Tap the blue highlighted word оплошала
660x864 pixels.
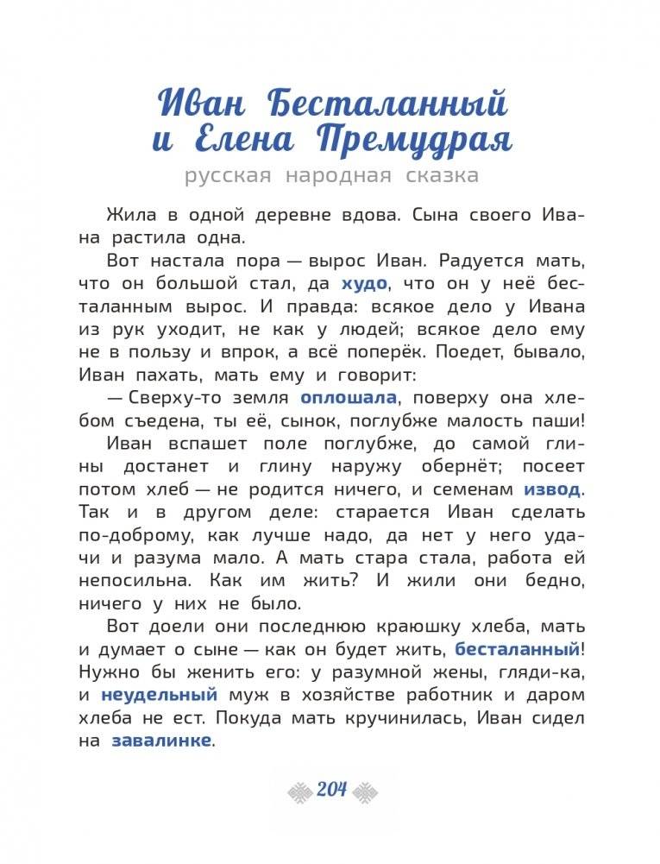click(349, 397)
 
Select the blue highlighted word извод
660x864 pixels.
click(552, 489)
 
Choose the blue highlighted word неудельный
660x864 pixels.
click(160, 695)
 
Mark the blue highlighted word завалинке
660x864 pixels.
click(160, 741)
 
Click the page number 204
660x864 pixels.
click(331, 789)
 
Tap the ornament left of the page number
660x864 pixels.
click(299, 790)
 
